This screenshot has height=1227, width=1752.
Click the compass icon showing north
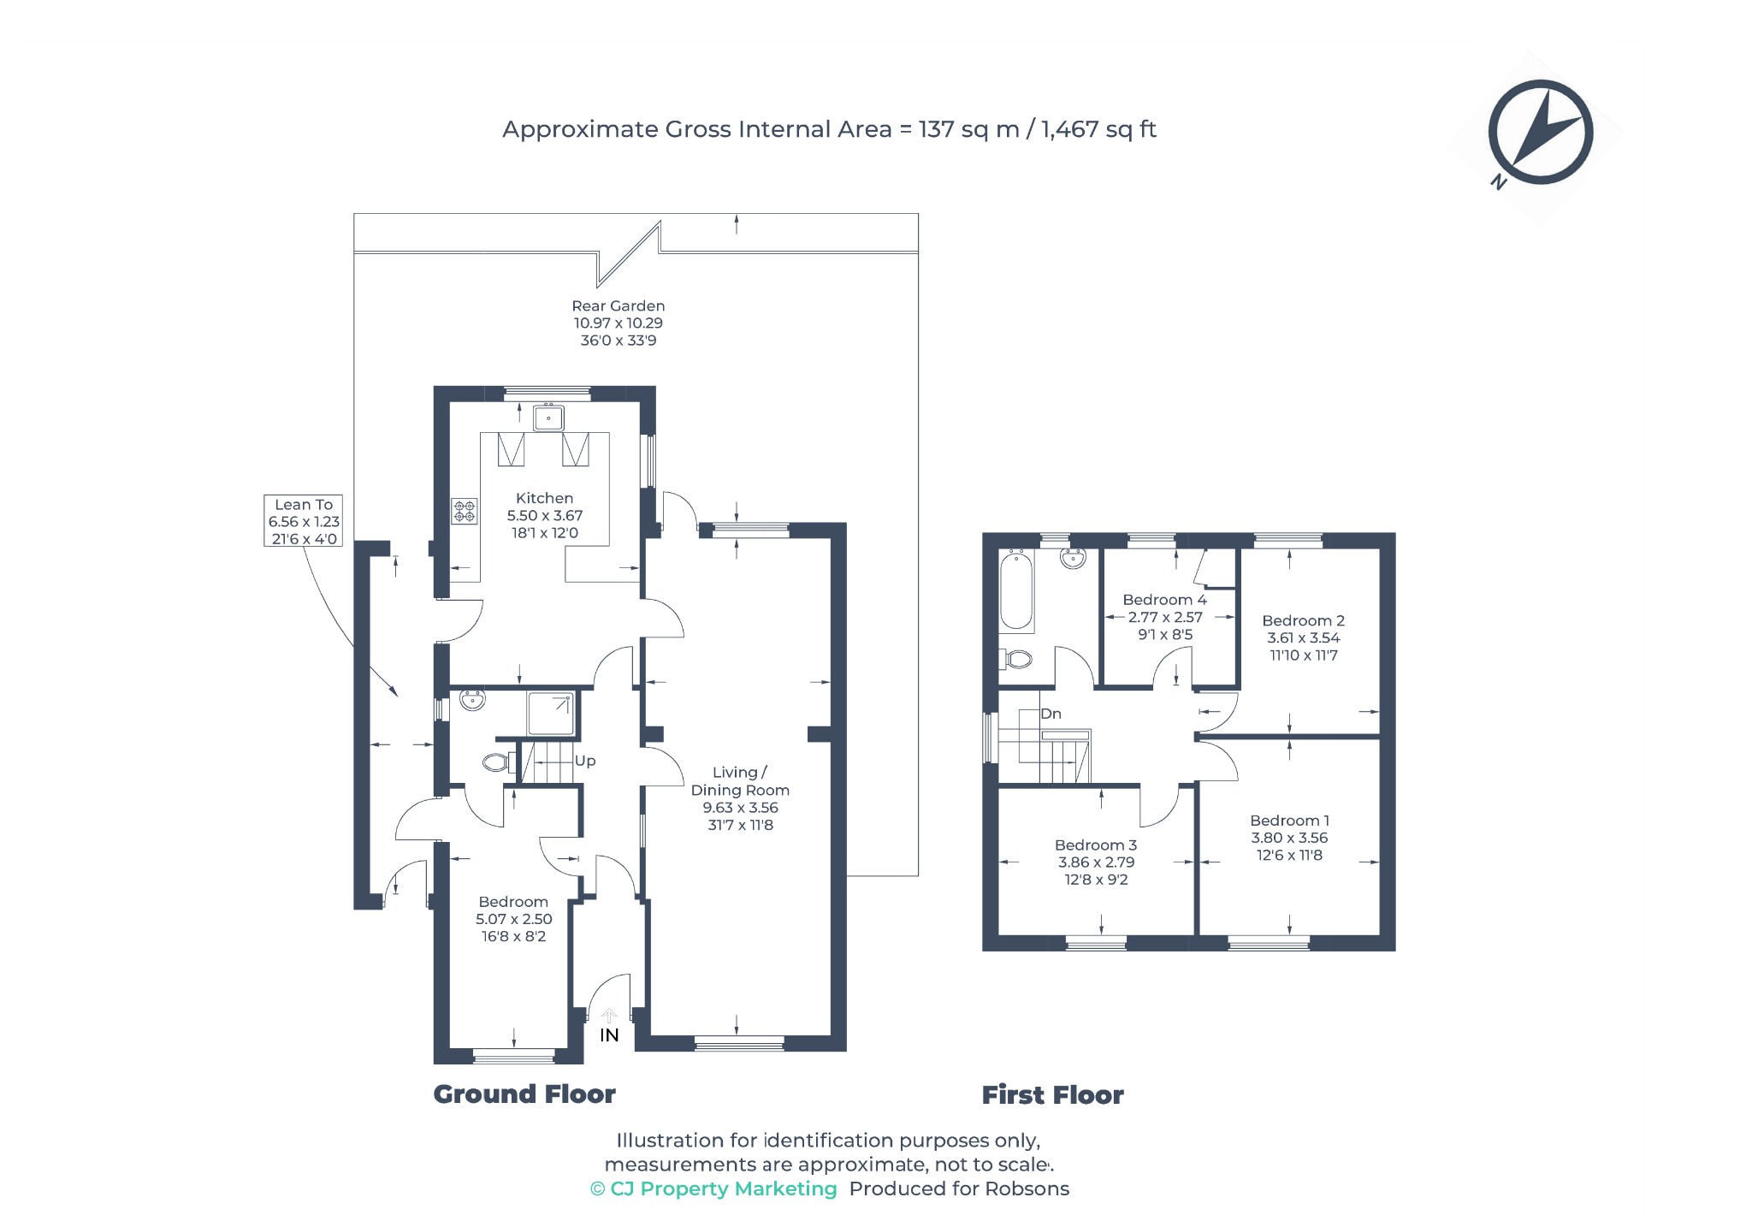(x=1540, y=133)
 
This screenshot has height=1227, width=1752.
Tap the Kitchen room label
(x=544, y=498)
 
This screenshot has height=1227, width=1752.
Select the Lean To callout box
(x=304, y=521)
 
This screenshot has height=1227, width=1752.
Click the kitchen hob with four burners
(x=465, y=512)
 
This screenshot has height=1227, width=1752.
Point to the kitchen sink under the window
(x=548, y=418)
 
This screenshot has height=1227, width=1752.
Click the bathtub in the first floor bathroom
(x=1016, y=591)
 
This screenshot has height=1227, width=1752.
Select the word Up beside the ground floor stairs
(x=585, y=761)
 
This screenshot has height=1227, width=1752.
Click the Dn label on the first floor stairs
(x=1051, y=714)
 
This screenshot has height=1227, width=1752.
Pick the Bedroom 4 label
(x=1164, y=600)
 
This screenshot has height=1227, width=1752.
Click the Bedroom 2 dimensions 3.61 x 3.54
(x=1303, y=637)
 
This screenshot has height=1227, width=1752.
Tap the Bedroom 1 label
(x=1289, y=821)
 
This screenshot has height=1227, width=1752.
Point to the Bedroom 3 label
(x=1096, y=845)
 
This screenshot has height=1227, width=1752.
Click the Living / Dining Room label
(x=740, y=781)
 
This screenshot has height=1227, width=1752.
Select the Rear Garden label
(x=618, y=305)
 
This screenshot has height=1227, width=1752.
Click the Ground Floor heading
(x=524, y=1094)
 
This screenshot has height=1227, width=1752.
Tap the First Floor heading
(x=1052, y=1095)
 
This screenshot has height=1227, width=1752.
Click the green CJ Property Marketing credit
(x=713, y=1188)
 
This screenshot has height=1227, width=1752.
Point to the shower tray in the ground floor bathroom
(x=551, y=714)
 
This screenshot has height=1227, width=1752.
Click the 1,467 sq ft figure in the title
(x=1098, y=129)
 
